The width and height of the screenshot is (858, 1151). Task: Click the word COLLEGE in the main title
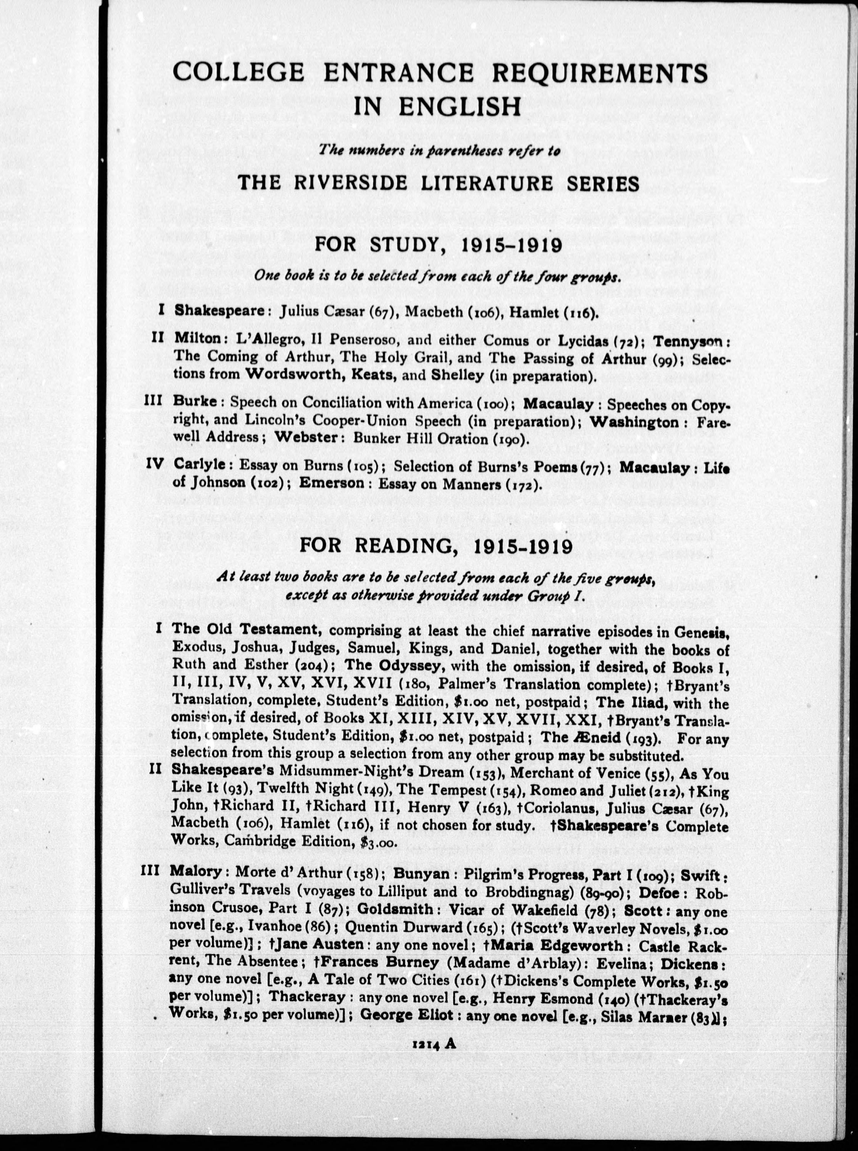[239, 72]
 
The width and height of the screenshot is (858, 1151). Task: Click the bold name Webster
[306, 437]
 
